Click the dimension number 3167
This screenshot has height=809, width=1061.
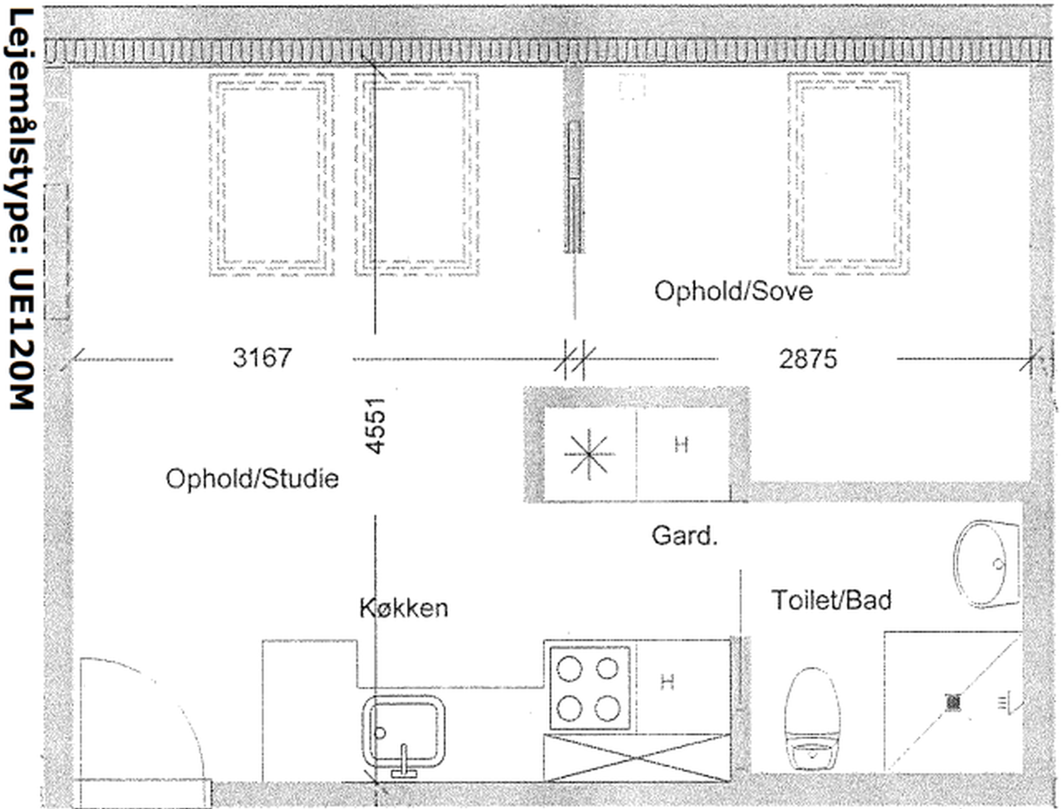click(262, 358)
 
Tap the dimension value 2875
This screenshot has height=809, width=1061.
click(808, 359)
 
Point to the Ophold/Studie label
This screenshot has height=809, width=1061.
click(252, 479)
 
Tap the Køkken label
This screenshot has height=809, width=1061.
click(404, 608)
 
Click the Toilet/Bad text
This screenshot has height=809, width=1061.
click(832, 600)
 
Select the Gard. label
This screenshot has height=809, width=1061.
click(684, 536)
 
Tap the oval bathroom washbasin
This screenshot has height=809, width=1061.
click(986, 564)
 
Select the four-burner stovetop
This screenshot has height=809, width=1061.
click(590, 688)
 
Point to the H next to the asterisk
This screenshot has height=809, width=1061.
click(681, 444)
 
